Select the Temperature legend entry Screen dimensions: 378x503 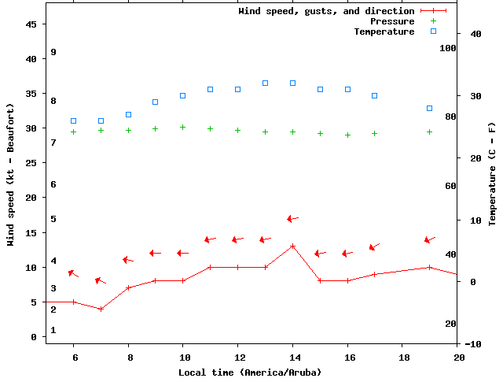click(x=384, y=31)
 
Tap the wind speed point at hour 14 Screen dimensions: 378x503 click(x=292, y=246)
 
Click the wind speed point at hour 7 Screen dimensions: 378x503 click(x=101, y=309)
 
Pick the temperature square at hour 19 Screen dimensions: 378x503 click(x=430, y=108)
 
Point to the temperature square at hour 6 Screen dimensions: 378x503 click(x=74, y=121)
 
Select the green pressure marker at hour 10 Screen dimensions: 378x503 click(x=183, y=127)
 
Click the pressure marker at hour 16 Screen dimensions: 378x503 click(x=347, y=135)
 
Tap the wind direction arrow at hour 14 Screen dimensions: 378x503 click(x=292, y=219)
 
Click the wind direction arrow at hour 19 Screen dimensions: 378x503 click(x=430, y=239)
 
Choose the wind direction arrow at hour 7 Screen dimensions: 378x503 click(x=100, y=280)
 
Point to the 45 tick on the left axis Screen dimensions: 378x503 click(x=31, y=24)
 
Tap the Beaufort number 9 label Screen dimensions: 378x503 click(x=53, y=52)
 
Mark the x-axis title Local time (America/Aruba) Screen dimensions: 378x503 click(x=250, y=372)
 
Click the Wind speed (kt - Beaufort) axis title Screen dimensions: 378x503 click(x=11, y=173)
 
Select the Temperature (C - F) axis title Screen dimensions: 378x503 click(x=492, y=173)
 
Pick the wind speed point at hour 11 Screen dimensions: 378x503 click(x=211, y=267)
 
